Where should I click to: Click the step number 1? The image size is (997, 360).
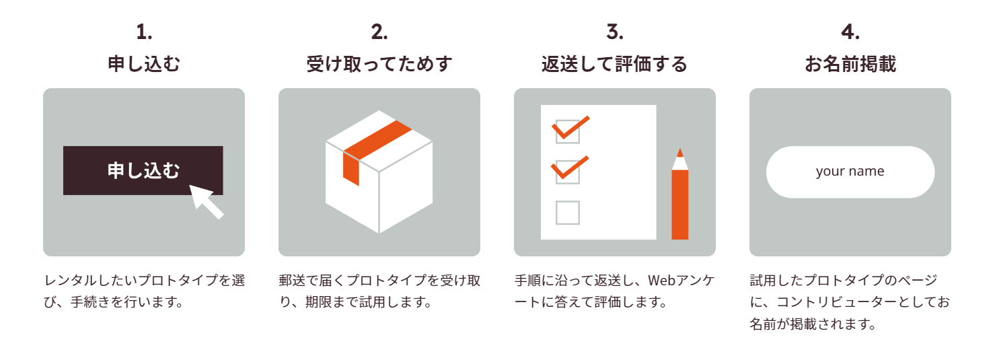144,32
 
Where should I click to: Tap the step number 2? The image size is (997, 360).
379,32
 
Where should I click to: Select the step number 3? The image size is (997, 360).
615,32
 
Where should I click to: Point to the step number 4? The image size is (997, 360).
850,32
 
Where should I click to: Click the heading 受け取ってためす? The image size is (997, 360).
379,65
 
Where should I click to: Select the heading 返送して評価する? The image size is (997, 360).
615,65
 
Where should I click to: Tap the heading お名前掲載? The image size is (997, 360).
850,65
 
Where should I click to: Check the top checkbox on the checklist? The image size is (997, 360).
567,131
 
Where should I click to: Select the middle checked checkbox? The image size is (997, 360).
567,172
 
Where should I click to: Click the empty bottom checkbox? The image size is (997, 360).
567,213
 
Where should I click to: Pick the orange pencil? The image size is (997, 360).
680,202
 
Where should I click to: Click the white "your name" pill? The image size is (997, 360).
850,172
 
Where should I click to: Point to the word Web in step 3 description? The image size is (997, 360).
662,280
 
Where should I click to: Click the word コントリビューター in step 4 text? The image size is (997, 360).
823,301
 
